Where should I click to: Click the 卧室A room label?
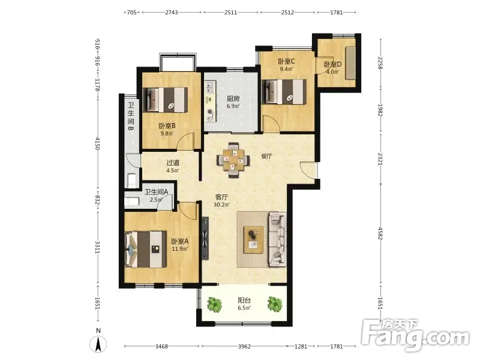point(179,241)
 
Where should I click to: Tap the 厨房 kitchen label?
point(233,98)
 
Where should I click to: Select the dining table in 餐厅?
point(233,160)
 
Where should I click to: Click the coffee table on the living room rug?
point(253,239)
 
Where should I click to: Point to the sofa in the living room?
point(278,239)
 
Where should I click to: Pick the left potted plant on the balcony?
point(214,304)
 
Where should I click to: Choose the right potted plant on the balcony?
point(275,304)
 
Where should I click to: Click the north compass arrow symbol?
point(98,343)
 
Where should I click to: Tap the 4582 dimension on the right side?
point(380,233)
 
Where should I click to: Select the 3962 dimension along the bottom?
point(244,346)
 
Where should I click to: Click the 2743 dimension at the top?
point(172,12)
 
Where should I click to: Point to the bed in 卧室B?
point(166,100)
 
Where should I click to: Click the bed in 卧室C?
point(284,92)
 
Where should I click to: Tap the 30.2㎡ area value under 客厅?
point(221,205)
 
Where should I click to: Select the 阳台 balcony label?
point(244,301)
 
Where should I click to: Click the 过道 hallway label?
point(173,163)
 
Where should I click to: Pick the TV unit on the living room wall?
point(205,238)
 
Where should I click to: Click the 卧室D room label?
point(333,65)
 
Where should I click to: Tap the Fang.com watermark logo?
point(415,335)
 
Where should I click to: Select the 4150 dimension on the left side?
point(97,143)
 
